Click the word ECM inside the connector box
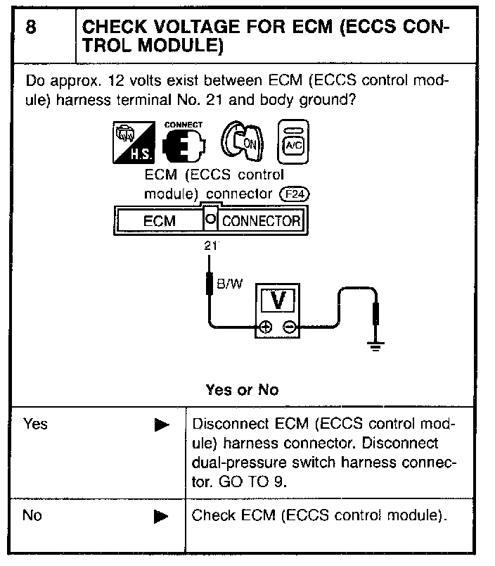[159, 221]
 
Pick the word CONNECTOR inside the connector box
[261, 221]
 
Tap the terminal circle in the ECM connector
[210, 220]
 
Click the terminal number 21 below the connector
[210, 246]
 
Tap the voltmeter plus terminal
[264, 327]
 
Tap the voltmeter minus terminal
[288, 327]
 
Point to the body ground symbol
[376, 344]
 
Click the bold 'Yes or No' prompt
[242, 389]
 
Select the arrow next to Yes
[161, 425]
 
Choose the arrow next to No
[161, 516]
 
